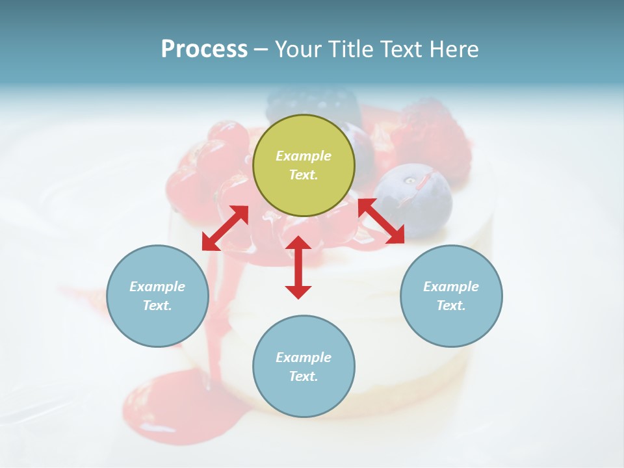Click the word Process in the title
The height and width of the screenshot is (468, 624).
pos(204,49)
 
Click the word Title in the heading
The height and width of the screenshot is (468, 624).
pos(352,49)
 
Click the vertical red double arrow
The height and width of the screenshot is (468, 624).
pos(298,267)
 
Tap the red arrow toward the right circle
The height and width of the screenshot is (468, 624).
pos(382,221)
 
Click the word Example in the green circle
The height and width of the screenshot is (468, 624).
pos(304,156)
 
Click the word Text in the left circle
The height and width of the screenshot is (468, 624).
pos(157,305)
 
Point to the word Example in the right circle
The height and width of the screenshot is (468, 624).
pos(451,287)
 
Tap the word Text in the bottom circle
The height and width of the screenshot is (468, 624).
pos(304,376)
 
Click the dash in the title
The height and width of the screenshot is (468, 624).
pos(261,49)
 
